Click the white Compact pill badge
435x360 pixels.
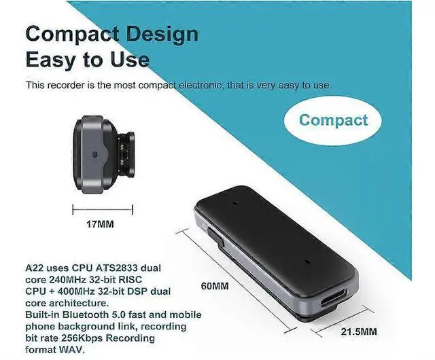(333, 120)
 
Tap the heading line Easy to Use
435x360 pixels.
(87, 59)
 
